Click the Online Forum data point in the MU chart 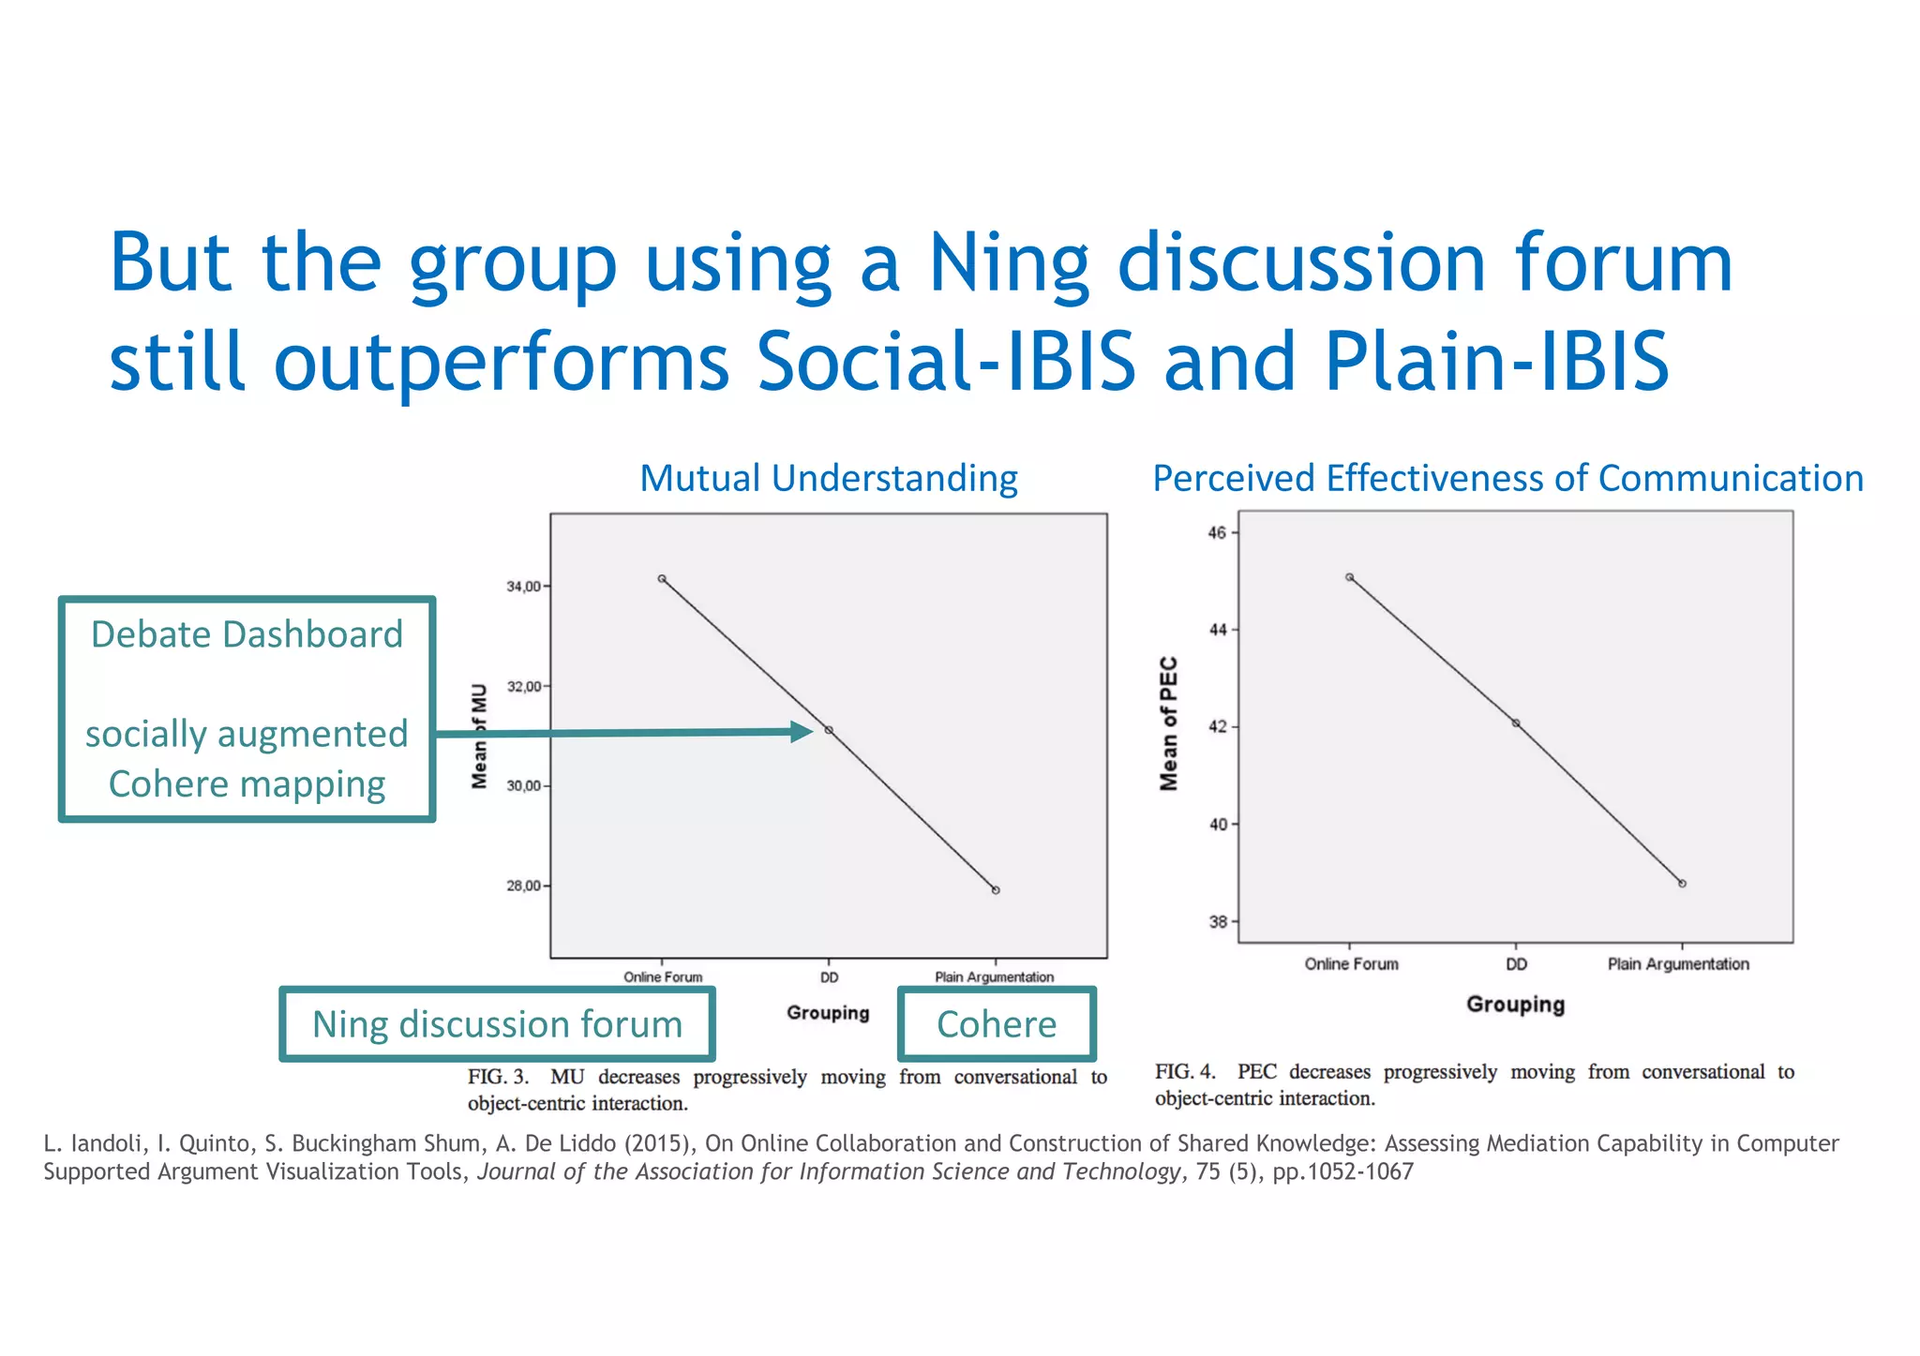pyautogui.click(x=662, y=579)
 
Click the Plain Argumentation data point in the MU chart pyautogui.click(x=996, y=890)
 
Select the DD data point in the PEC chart pyautogui.click(x=1516, y=723)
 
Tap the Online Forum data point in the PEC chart pyautogui.click(x=1349, y=577)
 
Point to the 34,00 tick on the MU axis pyautogui.click(x=523, y=587)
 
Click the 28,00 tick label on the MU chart pyautogui.click(x=523, y=886)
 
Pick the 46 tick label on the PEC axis pyautogui.click(x=1217, y=533)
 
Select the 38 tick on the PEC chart pyautogui.click(x=1218, y=922)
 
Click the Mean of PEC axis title pyautogui.click(x=1168, y=723)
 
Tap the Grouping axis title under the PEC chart pyautogui.click(x=1515, y=1005)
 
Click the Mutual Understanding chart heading pyautogui.click(x=828, y=479)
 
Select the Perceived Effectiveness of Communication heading pyautogui.click(x=1507, y=479)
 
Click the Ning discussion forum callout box pyautogui.click(x=497, y=1024)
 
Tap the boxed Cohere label pyautogui.click(x=997, y=1024)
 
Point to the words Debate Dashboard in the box pyautogui.click(x=247, y=634)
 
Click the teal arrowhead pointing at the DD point pyautogui.click(x=802, y=732)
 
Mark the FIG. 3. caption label pyautogui.click(x=498, y=1077)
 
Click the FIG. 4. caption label pyautogui.click(x=1185, y=1072)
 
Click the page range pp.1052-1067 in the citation pyautogui.click(x=1342, y=1172)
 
